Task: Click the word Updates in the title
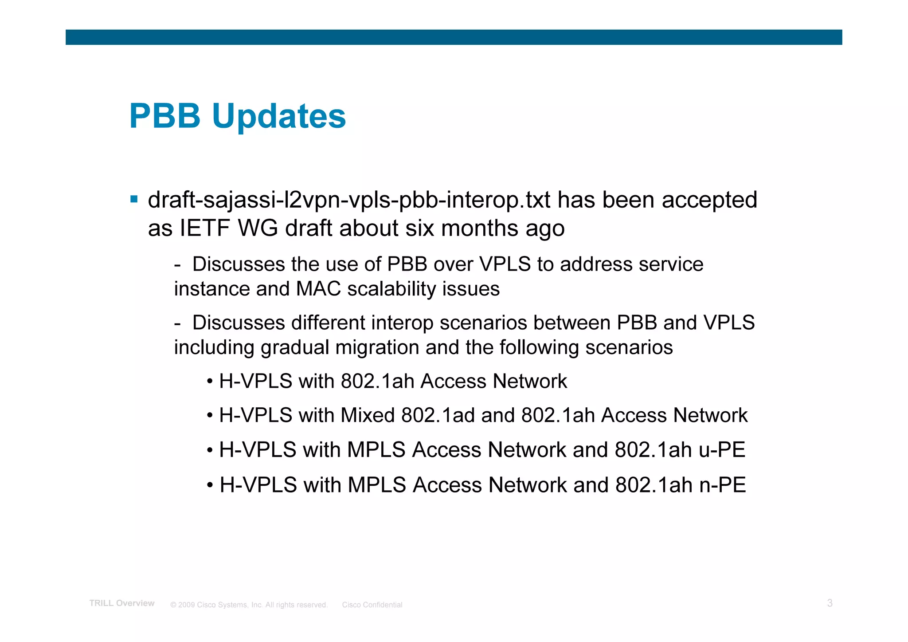coord(279,116)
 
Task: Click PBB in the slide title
coord(165,116)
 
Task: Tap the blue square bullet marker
coord(134,199)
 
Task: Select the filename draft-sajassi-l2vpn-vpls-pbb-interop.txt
coord(349,200)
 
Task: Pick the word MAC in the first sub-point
coord(318,289)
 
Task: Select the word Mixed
coord(368,416)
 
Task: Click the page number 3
coord(830,603)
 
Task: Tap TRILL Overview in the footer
coord(122,603)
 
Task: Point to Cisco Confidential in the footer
coord(372,605)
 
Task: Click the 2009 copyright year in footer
coord(186,605)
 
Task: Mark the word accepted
coord(709,200)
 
